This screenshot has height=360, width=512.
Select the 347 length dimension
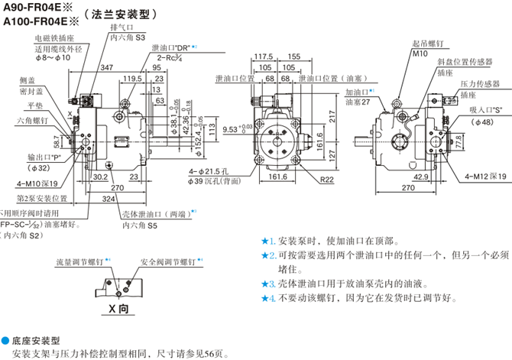106,69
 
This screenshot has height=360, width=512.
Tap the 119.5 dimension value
133,79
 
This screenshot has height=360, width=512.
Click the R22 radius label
328,180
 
